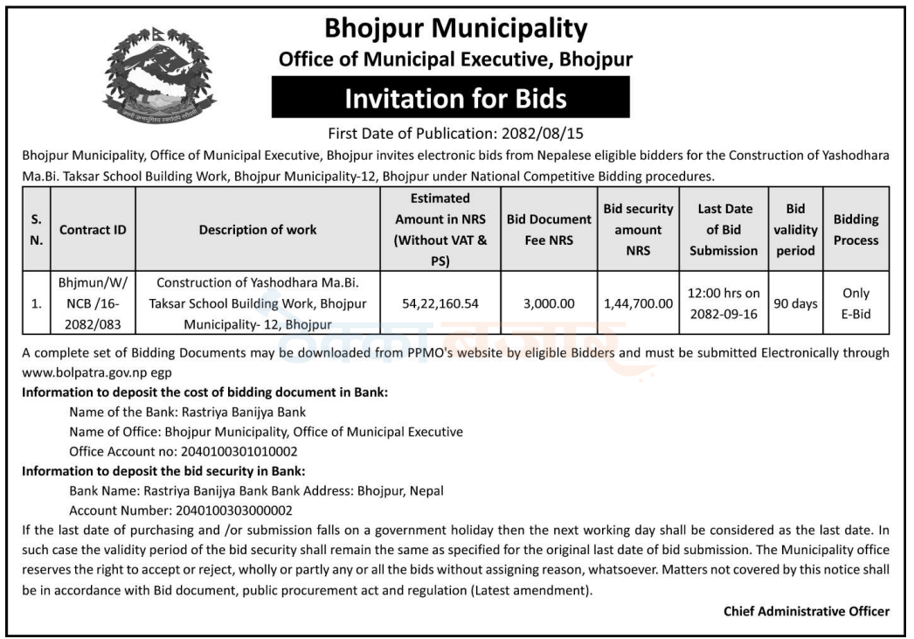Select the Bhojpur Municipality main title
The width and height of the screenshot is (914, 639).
(x=455, y=29)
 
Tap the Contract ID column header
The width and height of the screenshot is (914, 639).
(x=93, y=230)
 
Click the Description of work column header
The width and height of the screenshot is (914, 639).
(x=258, y=230)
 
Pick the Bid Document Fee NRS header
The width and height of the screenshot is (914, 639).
(x=549, y=230)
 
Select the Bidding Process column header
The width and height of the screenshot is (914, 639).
(x=855, y=230)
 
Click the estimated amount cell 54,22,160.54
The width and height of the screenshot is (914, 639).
(x=440, y=304)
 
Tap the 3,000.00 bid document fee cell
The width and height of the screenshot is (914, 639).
(x=549, y=304)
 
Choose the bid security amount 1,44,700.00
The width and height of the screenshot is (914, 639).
(x=638, y=304)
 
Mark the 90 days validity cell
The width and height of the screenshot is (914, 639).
(x=796, y=304)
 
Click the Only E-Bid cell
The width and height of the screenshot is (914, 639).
(x=855, y=304)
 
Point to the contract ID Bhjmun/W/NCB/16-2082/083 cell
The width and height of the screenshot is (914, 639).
(x=93, y=304)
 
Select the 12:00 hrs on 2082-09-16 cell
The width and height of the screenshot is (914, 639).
(x=724, y=304)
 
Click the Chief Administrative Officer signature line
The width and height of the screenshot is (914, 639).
(x=806, y=611)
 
